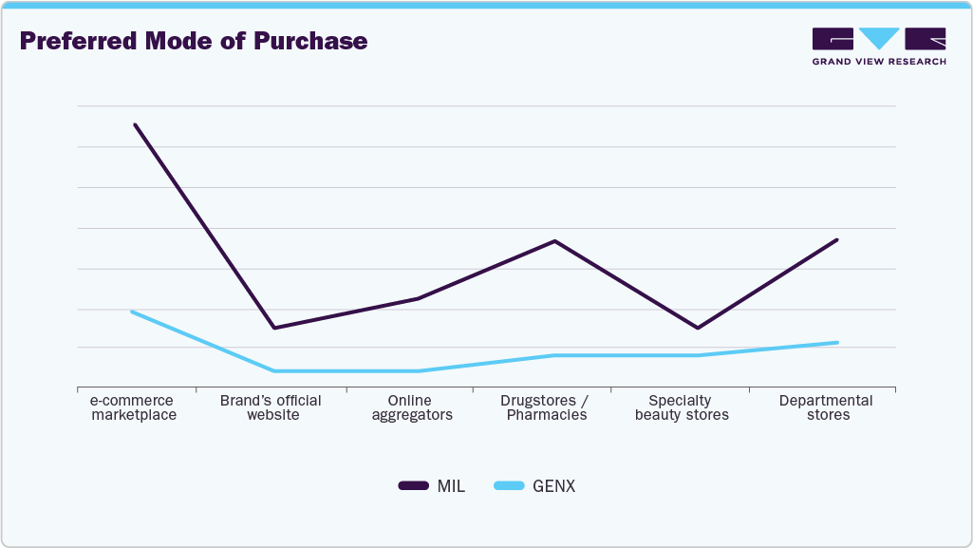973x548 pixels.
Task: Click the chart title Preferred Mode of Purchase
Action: click(193, 41)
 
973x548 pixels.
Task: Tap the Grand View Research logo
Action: click(878, 47)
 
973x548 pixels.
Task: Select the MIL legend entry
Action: click(432, 486)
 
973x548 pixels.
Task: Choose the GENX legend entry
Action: click(535, 486)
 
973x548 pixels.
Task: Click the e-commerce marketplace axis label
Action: click(133, 407)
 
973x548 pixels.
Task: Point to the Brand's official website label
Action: click(271, 407)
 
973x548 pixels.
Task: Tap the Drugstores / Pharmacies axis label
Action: click(546, 407)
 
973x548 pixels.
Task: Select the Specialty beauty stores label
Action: click(682, 407)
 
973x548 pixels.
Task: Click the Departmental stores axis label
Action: click(827, 407)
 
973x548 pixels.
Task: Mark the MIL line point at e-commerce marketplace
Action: click(135, 124)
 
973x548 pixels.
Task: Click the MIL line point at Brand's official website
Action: click(273, 328)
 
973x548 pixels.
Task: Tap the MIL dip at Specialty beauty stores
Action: click(698, 328)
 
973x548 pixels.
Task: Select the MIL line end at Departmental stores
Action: click(837, 239)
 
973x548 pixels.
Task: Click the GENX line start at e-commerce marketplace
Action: click(132, 312)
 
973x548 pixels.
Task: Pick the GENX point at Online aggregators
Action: click(416, 370)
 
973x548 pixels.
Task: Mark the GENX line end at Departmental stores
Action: click(837, 342)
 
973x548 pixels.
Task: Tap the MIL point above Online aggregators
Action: click(416, 298)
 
